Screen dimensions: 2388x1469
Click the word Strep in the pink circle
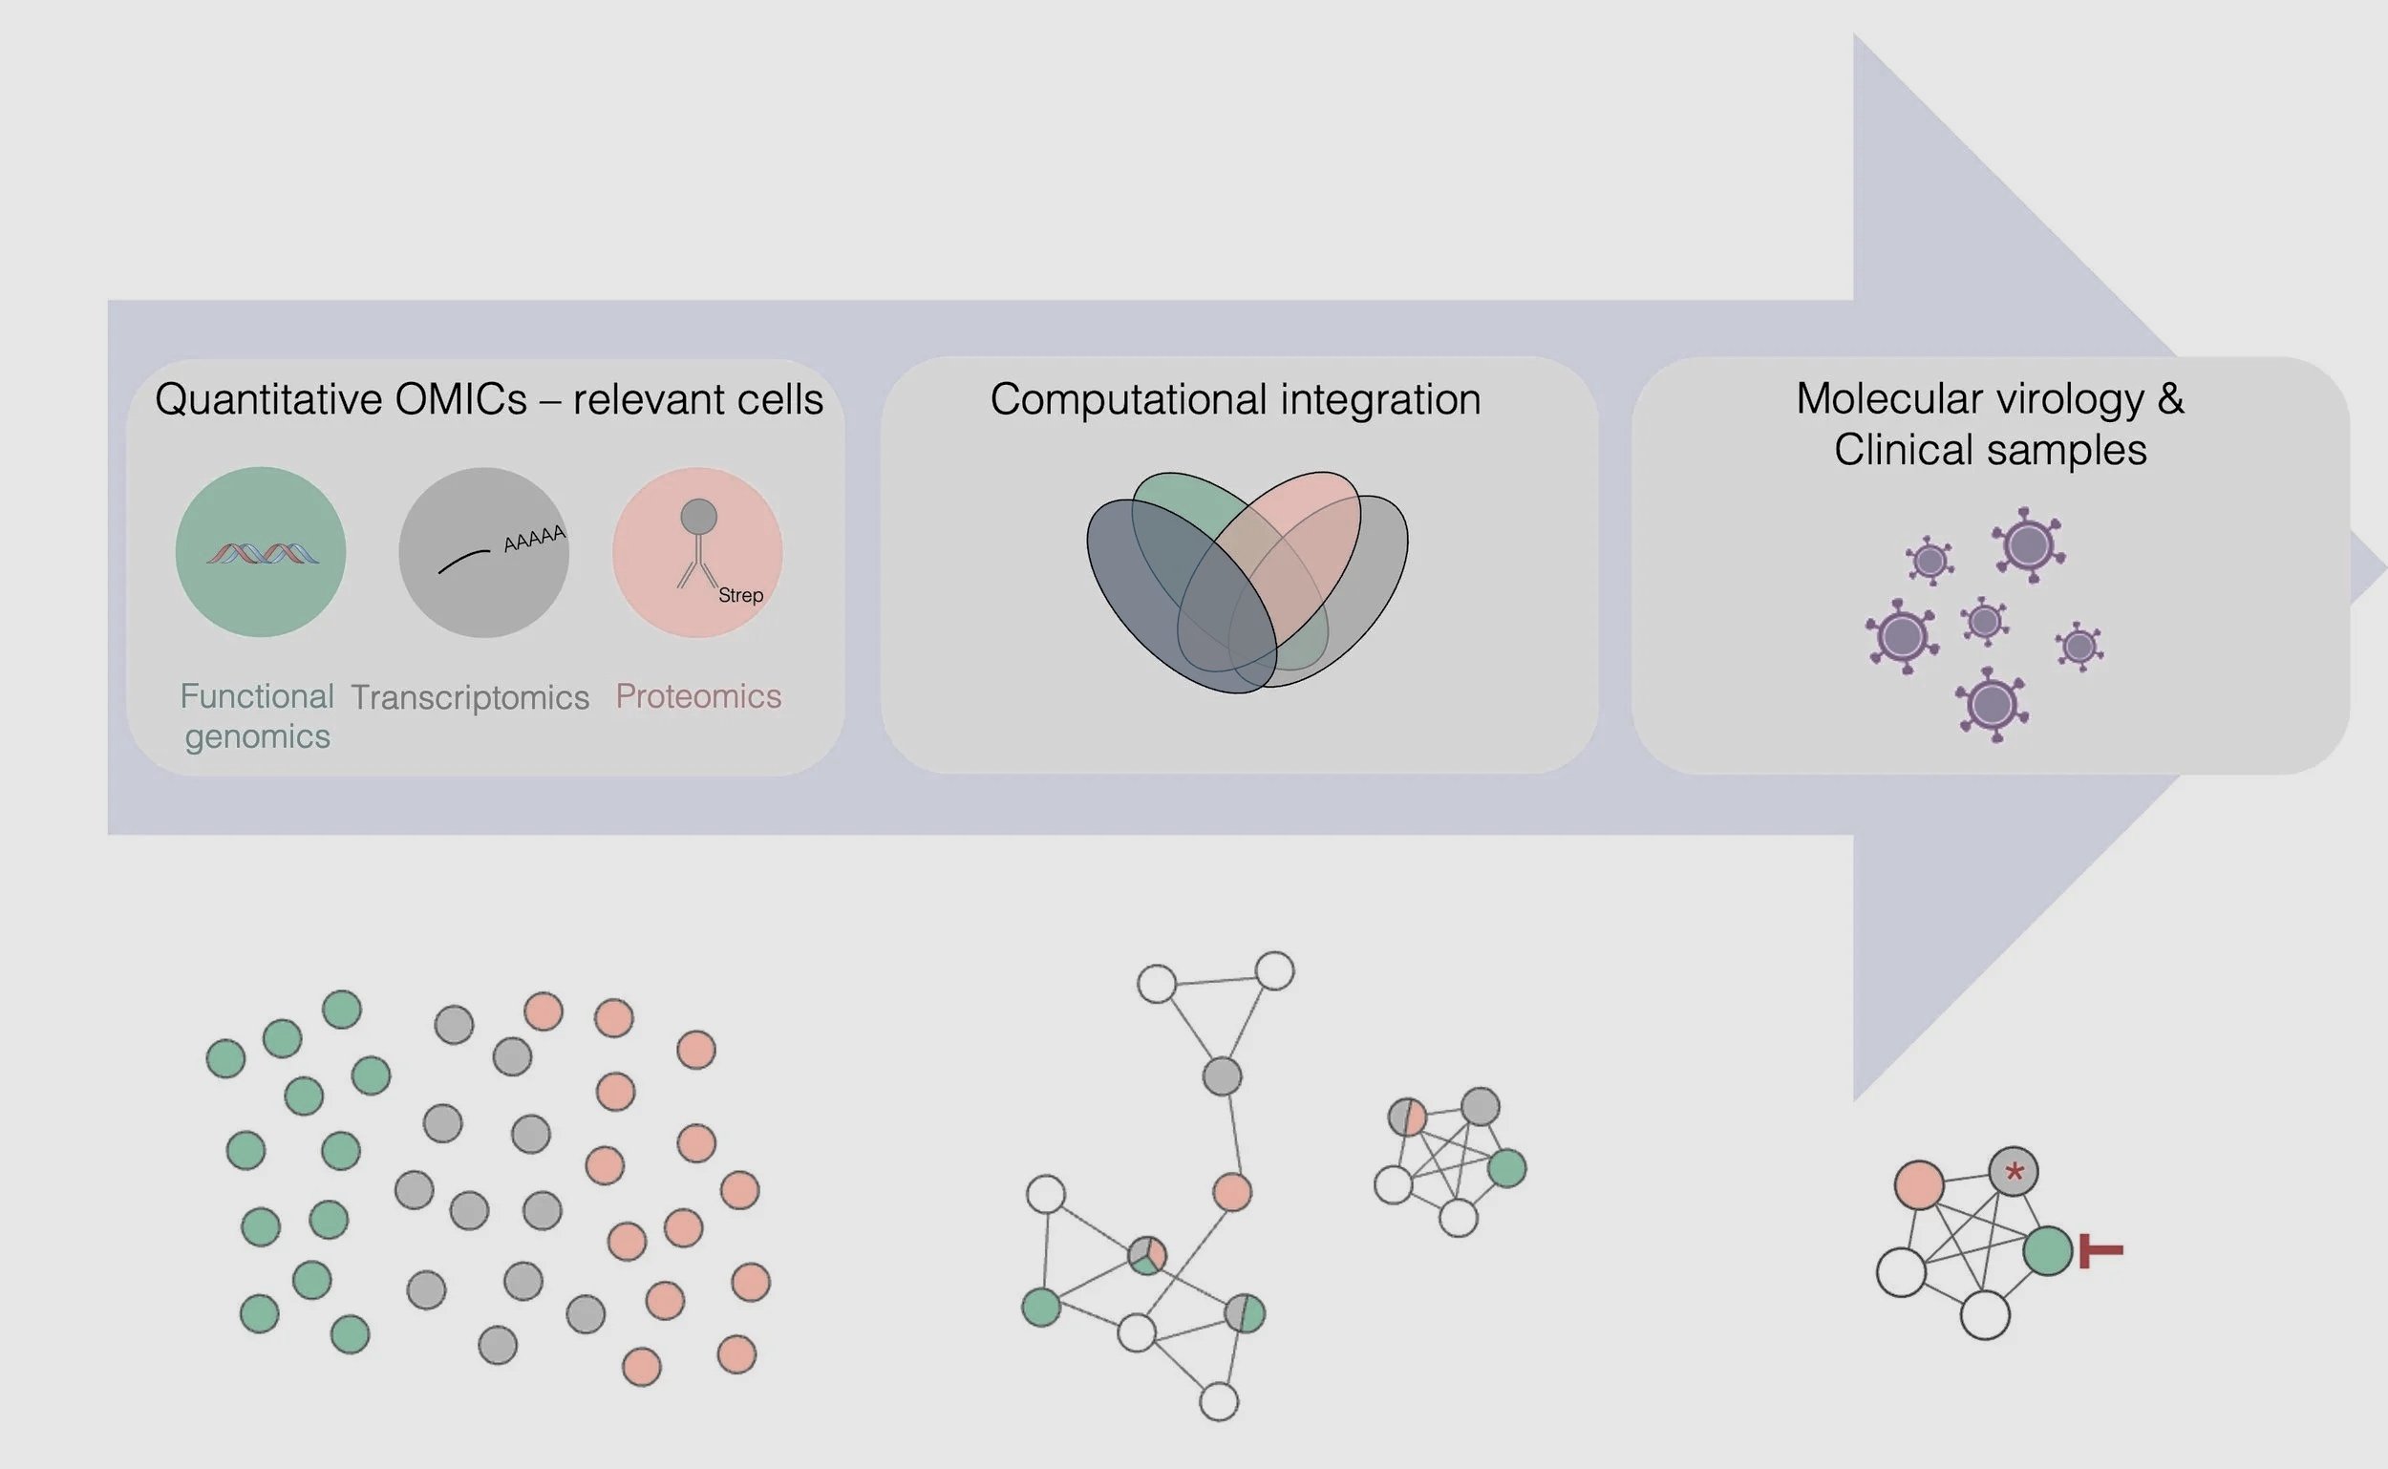(740, 595)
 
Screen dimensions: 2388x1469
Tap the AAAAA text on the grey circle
(534, 539)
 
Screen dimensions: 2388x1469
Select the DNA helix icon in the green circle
(263, 554)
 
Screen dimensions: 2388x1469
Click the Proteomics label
(698, 695)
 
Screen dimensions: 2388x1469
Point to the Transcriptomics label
(470, 696)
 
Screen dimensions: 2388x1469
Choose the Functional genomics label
(257, 716)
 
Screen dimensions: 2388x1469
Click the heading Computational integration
(1235, 399)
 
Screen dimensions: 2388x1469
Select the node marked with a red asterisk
(2013, 1172)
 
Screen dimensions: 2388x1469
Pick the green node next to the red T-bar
(2048, 1250)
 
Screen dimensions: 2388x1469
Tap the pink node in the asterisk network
(1919, 1185)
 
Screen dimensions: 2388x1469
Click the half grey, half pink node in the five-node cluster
(1407, 1118)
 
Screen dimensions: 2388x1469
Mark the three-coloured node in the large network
(1146, 1255)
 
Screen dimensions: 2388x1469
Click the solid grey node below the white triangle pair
(1222, 1076)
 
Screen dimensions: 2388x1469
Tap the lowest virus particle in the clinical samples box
(1993, 704)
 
